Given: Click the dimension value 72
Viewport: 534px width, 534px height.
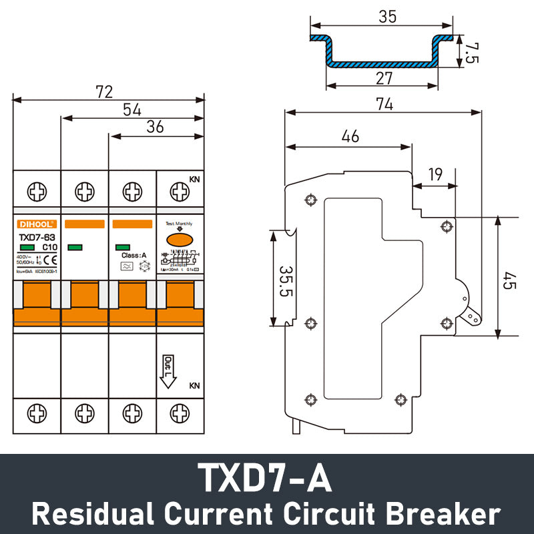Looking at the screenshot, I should [103, 91].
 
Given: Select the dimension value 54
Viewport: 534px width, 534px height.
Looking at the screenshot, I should [131, 109].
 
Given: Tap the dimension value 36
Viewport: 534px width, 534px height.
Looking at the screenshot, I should [155, 127].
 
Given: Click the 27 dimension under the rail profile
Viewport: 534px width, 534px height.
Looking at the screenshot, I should [384, 78].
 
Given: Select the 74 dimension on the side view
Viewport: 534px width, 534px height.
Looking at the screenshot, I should [382, 104].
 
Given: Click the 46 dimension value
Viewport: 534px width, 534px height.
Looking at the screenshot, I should [350, 136].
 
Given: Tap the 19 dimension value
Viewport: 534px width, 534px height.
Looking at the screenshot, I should [435, 175].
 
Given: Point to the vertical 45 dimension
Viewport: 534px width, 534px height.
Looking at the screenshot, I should [509, 276].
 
